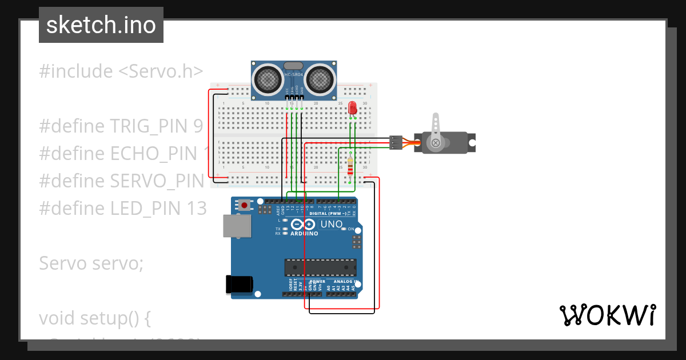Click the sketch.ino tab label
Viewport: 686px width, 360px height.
(101, 26)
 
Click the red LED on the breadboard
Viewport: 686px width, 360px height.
(352, 107)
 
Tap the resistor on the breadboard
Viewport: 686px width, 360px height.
(350, 166)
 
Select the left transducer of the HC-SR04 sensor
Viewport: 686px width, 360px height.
(266, 79)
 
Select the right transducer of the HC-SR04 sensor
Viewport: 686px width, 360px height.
(320, 79)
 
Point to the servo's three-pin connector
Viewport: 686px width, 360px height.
(395, 142)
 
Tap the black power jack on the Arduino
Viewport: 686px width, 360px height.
(239, 284)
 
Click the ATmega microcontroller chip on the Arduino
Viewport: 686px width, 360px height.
(320, 267)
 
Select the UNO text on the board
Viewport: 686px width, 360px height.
(331, 225)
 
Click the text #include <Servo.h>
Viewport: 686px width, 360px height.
(121, 71)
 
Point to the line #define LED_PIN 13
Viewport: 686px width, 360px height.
(122, 209)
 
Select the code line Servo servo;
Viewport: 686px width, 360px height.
(91, 263)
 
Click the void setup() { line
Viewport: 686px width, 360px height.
(95, 318)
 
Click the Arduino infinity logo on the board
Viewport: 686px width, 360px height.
(304, 224)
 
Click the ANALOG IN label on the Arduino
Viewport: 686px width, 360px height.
(346, 282)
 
